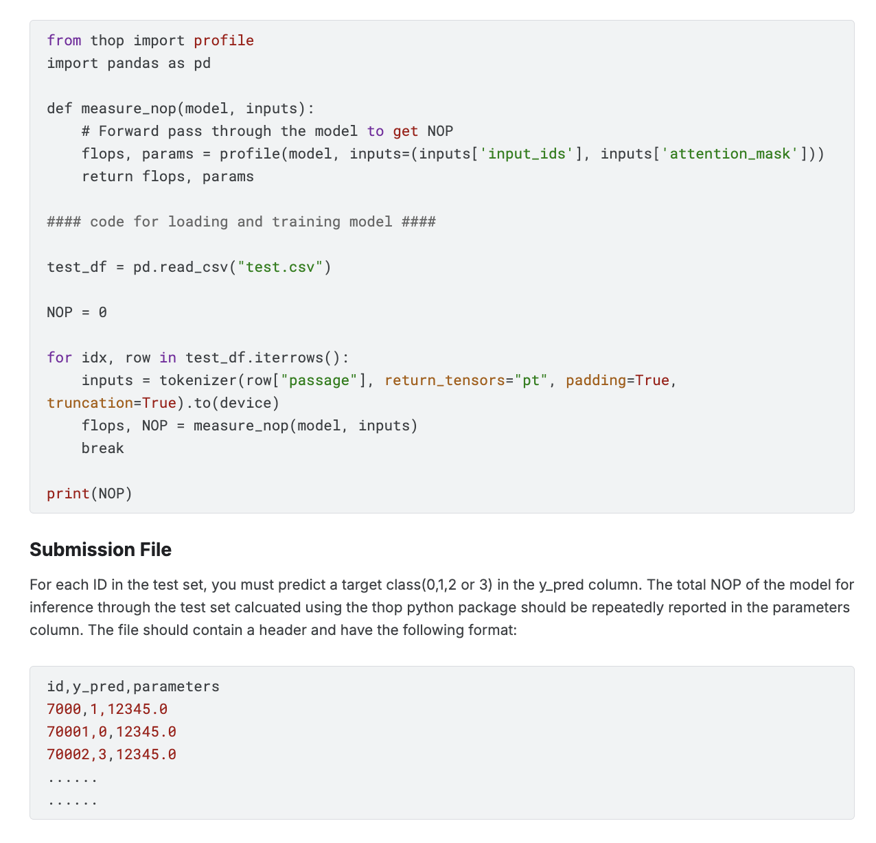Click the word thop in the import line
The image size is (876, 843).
(107, 41)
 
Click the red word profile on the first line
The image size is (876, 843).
(224, 41)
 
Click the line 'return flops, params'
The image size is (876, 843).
(168, 176)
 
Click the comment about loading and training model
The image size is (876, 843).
(241, 222)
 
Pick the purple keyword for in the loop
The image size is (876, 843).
(60, 358)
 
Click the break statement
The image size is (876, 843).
(103, 448)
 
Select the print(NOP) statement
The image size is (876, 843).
(89, 494)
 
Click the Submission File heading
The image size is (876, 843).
(100, 550)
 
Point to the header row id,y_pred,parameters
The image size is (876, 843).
(133, 686)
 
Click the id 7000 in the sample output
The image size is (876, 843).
(64, 709)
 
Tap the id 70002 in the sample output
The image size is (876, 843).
(68, 754)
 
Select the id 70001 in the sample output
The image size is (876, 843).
(68, 732)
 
